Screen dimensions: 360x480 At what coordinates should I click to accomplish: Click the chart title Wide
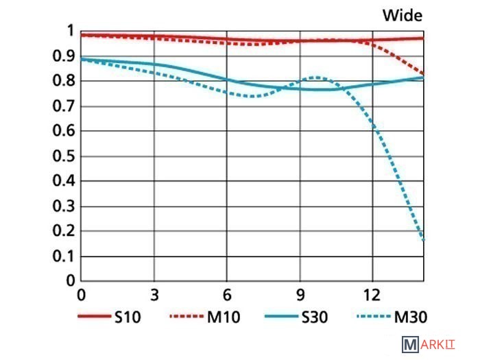402,15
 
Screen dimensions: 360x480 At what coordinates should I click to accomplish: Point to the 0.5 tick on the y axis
64,156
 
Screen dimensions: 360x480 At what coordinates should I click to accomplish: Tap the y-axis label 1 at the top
68,31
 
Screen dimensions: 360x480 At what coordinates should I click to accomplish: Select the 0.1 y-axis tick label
64,256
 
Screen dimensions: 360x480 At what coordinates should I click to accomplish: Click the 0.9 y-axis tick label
64,56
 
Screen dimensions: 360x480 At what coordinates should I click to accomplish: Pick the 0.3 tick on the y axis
64,206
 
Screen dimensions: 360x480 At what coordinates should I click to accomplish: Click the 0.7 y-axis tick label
64,106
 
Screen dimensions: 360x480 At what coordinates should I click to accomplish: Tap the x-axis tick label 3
154,295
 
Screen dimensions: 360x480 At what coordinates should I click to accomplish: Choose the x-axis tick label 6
227,295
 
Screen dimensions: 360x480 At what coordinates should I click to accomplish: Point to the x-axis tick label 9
300,295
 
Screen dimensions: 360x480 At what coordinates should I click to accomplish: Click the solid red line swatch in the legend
94,317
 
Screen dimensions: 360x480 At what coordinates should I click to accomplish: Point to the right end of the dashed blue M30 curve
423,239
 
